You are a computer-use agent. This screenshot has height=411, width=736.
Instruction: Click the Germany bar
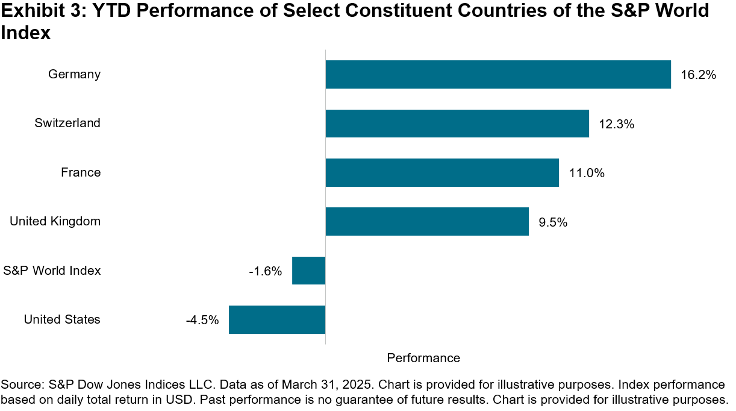coord(498,75)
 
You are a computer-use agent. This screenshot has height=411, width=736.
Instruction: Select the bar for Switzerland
coord(457,124)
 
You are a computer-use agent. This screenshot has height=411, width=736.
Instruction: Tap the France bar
coord(442,173)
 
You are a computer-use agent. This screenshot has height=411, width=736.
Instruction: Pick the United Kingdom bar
coord(427,222)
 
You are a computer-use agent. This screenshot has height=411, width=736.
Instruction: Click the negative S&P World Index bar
coord(308,271)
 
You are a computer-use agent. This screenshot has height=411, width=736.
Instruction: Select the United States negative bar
coord(277,319)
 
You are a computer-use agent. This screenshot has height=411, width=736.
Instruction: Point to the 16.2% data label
coord(699,75)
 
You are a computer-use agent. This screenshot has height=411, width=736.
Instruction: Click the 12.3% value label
coord(617,124)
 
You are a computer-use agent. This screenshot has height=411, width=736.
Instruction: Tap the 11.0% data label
coord(587,174)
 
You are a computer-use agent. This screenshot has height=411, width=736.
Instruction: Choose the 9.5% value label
coord(553,222)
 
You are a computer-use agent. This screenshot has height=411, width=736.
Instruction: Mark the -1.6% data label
coord(265,271)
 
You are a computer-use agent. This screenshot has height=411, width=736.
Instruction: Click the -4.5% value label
coord(202,320)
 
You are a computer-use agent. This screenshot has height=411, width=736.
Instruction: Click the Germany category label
coord(74,75)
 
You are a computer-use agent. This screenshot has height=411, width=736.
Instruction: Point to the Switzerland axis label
coord(67,124)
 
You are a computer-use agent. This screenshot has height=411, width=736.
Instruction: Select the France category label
coord(81,173)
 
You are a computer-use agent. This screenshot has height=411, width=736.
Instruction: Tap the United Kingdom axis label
coord(55,222)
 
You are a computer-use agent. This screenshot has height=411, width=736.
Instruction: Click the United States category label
coord(62,319)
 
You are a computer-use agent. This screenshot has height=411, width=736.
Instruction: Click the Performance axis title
coord(423,358)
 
